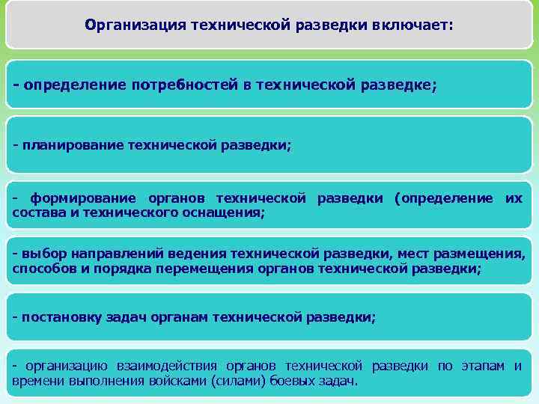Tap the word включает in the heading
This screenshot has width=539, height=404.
[412, 25]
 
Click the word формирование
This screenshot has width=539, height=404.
[83, 198]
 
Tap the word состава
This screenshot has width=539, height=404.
[37, 212]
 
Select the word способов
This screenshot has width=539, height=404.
[43, 269]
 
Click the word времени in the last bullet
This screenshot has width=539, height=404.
[37, 380]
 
